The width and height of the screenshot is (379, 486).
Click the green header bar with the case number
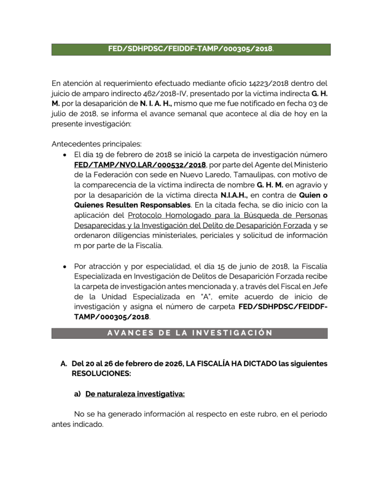(x=191, y=49)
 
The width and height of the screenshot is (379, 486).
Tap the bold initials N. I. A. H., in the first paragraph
(x=156, y=103)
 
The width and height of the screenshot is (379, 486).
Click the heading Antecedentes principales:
(x=96, y=144)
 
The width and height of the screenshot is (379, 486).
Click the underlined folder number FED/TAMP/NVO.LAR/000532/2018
(x=140, y=165)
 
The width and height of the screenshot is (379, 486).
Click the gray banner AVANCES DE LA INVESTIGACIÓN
(x=189, y=333)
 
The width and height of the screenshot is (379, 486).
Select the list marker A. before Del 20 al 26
(x=64, y=364)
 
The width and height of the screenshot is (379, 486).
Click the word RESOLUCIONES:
(x=101, y=374)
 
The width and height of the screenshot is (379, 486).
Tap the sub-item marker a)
(x=77, y=394)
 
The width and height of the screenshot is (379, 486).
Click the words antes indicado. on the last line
(x=77, y=424)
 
